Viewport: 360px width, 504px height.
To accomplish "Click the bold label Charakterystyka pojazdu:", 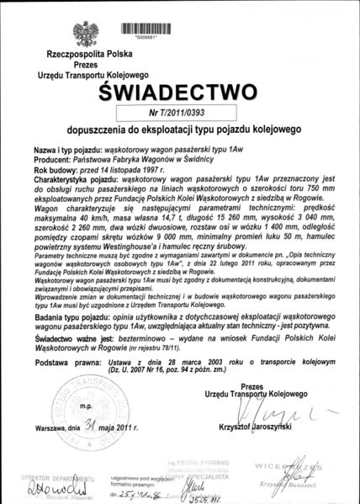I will tap(77, 179).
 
